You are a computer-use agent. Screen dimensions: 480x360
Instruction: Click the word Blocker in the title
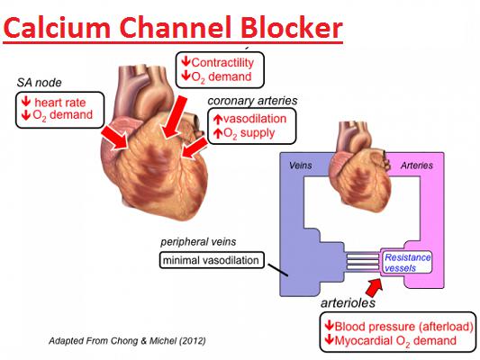click(x=291, y=28)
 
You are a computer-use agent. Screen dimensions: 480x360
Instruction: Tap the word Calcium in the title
click(x=57, y=28)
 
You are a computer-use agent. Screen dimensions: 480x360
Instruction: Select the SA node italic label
click(x=40, y=83)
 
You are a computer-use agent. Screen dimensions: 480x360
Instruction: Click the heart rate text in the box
click(x=60, y=103)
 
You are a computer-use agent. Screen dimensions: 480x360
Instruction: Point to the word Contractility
click(x=222, y=63)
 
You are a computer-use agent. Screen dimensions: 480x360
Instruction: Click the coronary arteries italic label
click(x=252, y=101)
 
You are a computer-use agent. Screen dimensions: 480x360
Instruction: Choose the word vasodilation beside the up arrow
click(x=255, y=119)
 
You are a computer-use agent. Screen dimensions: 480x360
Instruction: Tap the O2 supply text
click(x=249, y=134)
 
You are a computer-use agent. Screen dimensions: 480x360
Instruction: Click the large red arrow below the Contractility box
click(x=175, y=116)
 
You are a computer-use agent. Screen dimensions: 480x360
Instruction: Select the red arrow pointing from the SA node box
click(x=115, y=138)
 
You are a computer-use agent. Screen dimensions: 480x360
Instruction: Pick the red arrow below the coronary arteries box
click(x=195, y=148)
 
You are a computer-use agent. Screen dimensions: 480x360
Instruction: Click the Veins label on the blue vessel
click(x=301, y=166)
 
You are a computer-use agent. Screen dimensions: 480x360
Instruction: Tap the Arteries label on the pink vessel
click(x=417, y=166)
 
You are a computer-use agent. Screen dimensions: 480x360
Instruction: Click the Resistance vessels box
click(x=407, y=263)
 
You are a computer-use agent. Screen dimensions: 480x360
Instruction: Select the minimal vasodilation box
click(x=212, y=260)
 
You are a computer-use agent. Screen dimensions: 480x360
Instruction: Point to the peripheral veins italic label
click(x=198, y=242)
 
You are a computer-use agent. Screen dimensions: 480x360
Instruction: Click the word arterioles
click(x=348, y=302)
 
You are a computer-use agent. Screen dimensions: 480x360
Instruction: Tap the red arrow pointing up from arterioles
click(x=374, y=287)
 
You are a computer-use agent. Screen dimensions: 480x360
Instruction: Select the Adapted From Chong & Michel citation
click(x=127, y=340)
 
